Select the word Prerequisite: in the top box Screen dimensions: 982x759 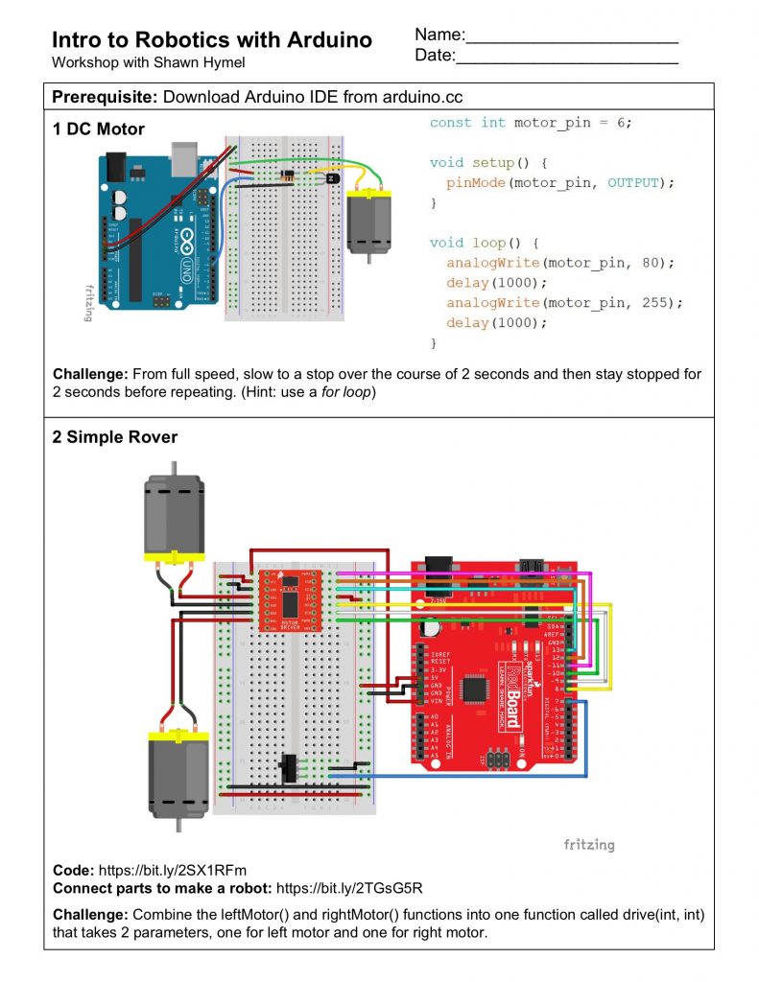pos(106,97)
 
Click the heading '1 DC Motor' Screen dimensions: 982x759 pos(99,129)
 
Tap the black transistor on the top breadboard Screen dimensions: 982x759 pos(332,177)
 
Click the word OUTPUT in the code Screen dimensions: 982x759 pos(636,182)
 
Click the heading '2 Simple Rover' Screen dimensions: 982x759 pos(115,437)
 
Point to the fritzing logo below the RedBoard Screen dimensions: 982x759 pos(588,845)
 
